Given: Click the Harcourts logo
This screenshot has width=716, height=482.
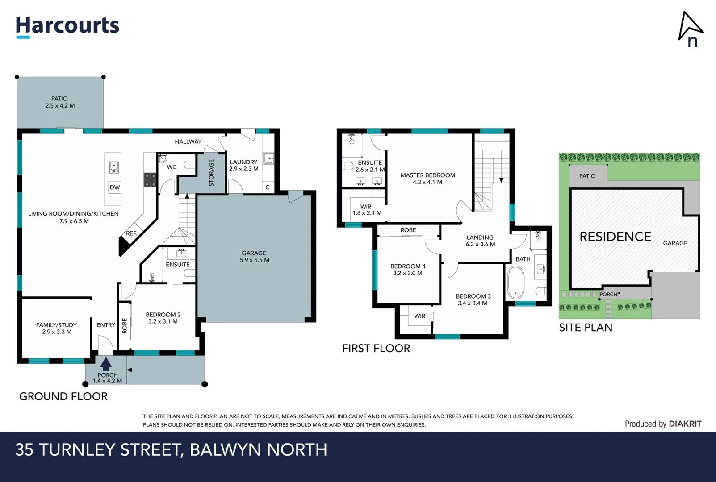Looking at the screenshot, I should pyautogui.click(x=67, y=26).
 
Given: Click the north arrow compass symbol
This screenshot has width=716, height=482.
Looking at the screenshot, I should pyautogui.click(x=690, y=29).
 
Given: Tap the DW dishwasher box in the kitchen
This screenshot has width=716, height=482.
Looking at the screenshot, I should pyautogui.click(x=115, y=187).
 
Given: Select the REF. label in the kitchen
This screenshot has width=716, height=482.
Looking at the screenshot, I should pyautogui.click(x=131, y=233).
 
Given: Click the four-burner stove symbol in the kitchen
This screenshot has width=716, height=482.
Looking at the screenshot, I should pyautogui.click(x=150, y=179).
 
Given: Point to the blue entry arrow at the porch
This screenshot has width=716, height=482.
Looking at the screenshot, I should pyautogui.click(x=106, y=364).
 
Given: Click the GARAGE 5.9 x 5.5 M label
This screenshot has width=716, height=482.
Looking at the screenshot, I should pyautogui.click(x=254, y=257).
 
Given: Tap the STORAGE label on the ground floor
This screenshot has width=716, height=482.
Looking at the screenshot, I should pyautogui.click(x=211, y=173).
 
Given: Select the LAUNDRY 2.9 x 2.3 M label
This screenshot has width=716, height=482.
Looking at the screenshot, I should pyautogui.click(x=243, y=166).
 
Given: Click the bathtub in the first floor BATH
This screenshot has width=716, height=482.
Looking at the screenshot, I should pyautogui.click(x=515, y=283).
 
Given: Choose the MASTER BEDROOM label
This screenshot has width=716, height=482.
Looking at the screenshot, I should pyautogui.click(x=427, y=179).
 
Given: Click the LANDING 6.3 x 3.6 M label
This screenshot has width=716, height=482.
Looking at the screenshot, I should pyautogui.click(x=480, y=241).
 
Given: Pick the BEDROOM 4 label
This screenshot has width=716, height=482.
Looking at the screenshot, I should pyautogui.click(x=408, y=270).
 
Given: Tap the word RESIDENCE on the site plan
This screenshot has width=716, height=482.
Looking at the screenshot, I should pyautogui.click(x=615, y=237).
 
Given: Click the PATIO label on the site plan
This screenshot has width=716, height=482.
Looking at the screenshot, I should pyautogui.click(x=587, y=176).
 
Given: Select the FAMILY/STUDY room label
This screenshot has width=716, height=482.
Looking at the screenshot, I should pyautogui.click(x=56, y=328).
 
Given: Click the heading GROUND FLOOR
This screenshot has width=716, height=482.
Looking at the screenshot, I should pyautogui.click(x=63, y=396).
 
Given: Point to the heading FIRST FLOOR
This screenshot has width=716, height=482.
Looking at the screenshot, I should pyautogui.click(x=376, y=348).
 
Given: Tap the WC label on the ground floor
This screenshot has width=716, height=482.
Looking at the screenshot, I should pyautogui.click(x=172, y=167).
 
